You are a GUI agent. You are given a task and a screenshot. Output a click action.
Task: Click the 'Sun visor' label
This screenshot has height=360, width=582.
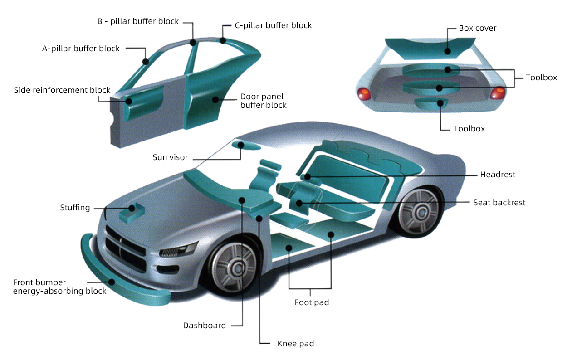[x=170, y=158]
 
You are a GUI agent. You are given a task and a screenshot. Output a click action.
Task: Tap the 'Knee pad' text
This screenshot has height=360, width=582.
[x=295, y=344]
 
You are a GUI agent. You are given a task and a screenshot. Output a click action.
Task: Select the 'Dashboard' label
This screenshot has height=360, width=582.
[x=205, y=326]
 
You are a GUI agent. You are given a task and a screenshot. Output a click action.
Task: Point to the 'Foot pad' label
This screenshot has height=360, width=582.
[x=312, y=302]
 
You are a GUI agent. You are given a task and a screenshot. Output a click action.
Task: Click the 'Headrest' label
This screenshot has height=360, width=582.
[x=498, y=175]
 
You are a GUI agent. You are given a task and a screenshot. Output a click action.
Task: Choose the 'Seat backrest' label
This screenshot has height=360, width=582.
[x=499, y=203]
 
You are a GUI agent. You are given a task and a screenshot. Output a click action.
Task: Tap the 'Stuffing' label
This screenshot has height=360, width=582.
[x=75, y=208]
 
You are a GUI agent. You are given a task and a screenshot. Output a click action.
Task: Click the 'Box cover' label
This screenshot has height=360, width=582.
[x=478, y=28]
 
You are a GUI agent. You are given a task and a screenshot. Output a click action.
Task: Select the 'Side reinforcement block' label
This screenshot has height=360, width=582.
[x=62, y=90]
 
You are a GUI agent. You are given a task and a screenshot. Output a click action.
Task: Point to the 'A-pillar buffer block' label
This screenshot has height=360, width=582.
[x=81, y=49]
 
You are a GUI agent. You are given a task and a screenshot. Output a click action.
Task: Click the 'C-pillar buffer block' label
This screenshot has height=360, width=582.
[x=273, y=25]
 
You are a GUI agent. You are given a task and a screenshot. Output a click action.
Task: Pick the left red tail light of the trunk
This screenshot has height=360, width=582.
[x=364, y=94]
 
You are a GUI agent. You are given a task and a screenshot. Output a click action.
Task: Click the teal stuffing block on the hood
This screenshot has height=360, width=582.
[x=130, y=212]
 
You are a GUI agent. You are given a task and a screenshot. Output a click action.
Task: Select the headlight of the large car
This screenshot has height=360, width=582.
[x=179, y=249]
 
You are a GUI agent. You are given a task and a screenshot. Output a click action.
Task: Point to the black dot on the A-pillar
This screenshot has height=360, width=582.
[x=146, y=62]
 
